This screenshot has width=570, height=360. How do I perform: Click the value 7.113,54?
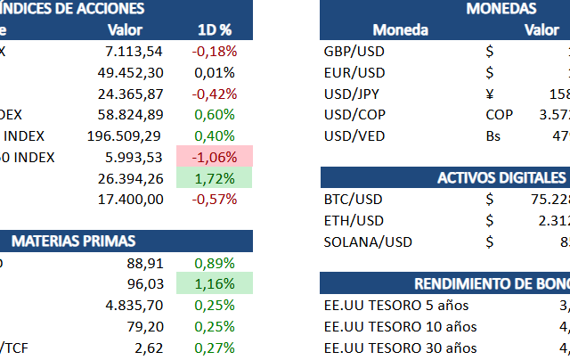click(x=134, y=51)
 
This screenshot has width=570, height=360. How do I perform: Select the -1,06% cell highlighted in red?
click(x=214, y=157)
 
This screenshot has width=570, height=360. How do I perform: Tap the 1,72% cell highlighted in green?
click(x=214, y=178)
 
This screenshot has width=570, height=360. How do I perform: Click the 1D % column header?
click(x=214, y=29)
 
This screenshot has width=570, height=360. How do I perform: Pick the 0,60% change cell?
click(x=214, y=114)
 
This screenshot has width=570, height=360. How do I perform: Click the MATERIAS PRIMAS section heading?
click(x=75, y=241)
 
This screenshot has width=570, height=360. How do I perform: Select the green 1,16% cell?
click(x=214, y=284)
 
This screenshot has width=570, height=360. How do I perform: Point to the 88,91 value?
click(x=144, y=263)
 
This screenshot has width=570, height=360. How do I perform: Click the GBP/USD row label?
click(x=354, y=51)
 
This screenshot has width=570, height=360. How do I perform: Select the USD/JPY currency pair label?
click(x=353, y=94)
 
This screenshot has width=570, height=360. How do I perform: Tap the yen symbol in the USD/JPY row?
click(x=490, y=94)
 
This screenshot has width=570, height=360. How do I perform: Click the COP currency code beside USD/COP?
click(x=499, y=115)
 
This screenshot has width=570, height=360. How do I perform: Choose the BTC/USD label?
click(x=354, y=200)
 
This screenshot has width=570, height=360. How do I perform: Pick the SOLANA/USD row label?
click(x=368, y=241)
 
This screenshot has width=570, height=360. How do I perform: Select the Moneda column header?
click(x=400, y=29)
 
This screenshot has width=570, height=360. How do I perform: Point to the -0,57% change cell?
click(x=214, y=200)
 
